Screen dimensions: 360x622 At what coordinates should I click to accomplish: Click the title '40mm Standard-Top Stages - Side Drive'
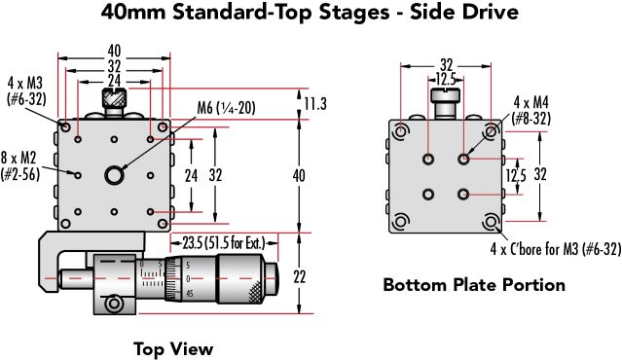pos(311,15)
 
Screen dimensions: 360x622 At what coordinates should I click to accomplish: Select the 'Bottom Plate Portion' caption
pos(473,285)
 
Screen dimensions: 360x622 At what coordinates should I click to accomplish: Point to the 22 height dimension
pos(299,276)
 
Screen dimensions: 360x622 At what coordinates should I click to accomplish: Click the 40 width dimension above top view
pos(114,49)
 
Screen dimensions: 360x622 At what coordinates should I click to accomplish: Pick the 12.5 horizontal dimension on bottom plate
pos(445,78)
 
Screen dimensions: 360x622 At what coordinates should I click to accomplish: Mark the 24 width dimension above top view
pos(114,80)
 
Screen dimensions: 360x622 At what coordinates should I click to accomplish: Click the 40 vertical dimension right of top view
pos(299,175)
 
